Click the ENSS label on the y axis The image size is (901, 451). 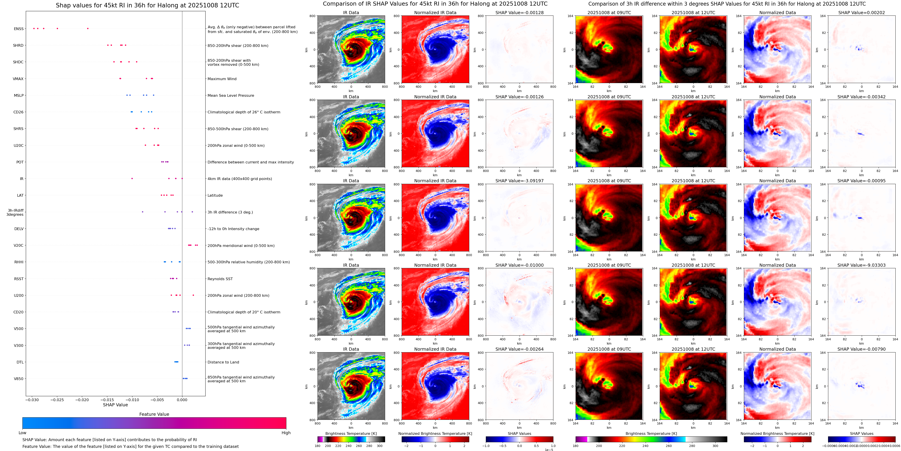click(x=19, y=29)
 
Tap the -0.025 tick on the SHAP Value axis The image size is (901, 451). click(x=57, y=400)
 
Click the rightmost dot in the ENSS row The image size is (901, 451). click(x=88, y=28)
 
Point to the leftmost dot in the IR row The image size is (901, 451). click(x=132, y=178)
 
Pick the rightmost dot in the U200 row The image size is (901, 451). click(x=193, y=295)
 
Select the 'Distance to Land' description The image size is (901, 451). click(x=223, y=362)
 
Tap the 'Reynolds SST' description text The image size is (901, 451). click(x=220, y=279)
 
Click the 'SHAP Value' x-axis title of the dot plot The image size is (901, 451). click(x=115, y=405)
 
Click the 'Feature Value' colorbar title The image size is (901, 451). click(x=154, y=414)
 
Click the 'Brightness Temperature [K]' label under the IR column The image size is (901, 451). click(x=351, y=433)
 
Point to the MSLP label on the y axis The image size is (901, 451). click(x=19, y=95)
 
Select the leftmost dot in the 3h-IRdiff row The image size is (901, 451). click(x=142, y=212)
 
